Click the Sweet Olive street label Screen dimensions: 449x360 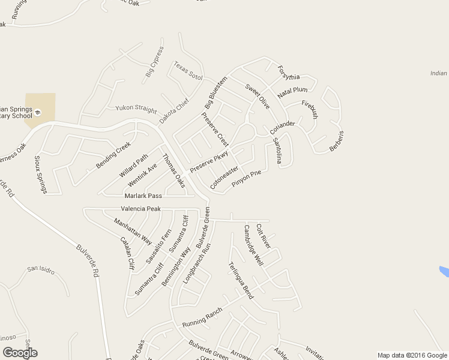258,96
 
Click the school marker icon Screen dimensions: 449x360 37,112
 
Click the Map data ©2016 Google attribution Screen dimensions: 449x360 412,355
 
